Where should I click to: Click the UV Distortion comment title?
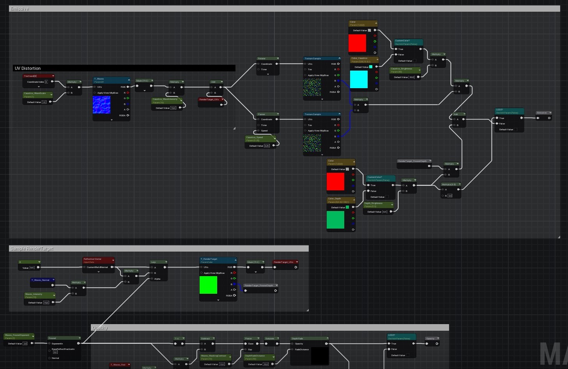pyautogui.click(x=28, y=68)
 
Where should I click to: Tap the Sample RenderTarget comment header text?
pyautogui.click(x=32, y=248)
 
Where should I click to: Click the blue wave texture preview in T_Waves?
pyautogui.click(x=101, y=105)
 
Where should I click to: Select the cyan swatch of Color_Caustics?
pyautogui.click(x=359, y=79)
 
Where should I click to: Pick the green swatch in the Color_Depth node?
pyautogui.click(x=335, y=220)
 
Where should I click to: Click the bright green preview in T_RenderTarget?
pyautogui.click(x=208, y=285)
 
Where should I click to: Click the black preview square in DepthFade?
pyautogui.click(x=319, y=356)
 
